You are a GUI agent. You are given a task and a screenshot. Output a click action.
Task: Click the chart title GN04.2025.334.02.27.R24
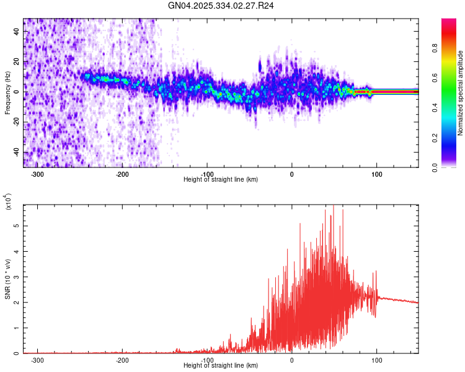221,6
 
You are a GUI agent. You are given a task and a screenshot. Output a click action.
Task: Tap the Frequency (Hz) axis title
7,92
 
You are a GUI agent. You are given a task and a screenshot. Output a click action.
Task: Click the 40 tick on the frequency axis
17,31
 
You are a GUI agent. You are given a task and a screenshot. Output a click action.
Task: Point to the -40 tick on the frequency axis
17,153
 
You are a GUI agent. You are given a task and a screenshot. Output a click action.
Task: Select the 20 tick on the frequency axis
17,61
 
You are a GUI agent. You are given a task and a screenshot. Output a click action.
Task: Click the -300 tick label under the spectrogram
37,174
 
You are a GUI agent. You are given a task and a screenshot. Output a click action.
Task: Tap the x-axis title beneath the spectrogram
221,180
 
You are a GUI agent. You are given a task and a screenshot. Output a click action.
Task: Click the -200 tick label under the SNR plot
122,360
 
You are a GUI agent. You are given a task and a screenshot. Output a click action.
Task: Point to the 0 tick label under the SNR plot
292,360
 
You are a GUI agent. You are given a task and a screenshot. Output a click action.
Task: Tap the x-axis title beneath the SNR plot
221,366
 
